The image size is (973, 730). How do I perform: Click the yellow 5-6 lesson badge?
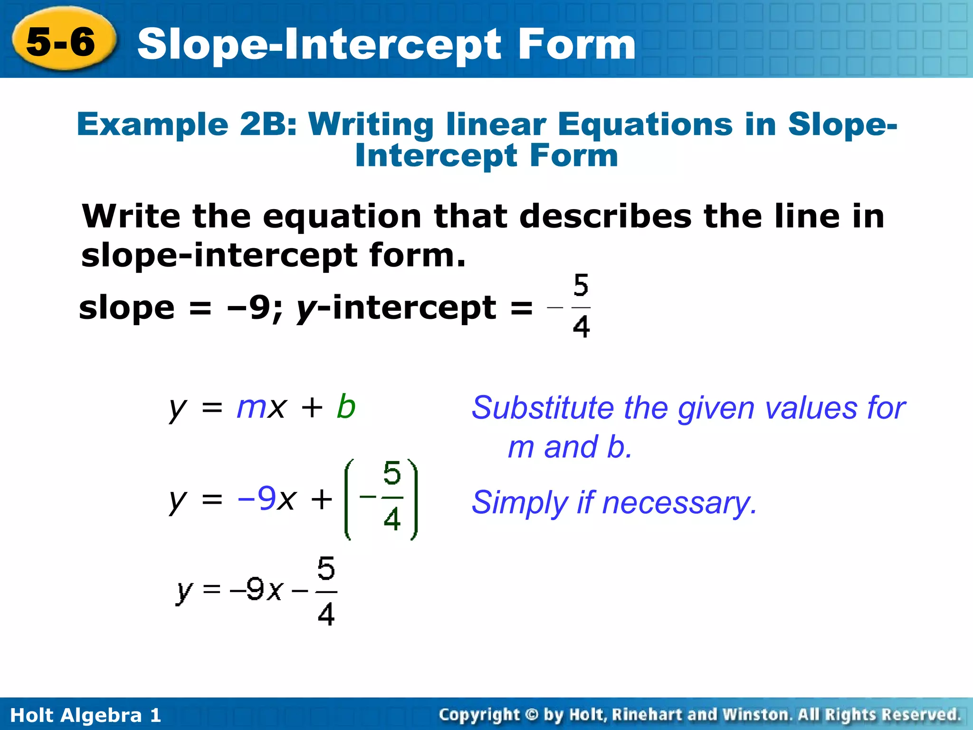point(62,41)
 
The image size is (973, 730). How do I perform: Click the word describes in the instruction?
point(605,216)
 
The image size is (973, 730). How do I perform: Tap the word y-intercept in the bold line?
point(397,308)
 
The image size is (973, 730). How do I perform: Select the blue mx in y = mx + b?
point(261,407)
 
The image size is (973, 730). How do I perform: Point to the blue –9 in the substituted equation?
point(257,499)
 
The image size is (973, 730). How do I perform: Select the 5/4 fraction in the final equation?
point(326,591)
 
